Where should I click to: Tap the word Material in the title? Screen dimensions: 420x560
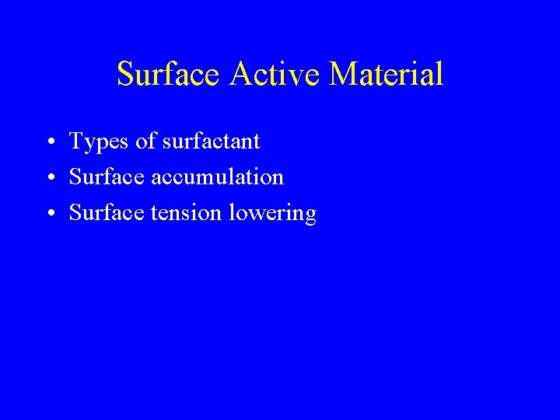387,75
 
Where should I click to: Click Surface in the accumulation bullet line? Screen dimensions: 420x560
100,177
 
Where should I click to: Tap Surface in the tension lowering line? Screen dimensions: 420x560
100,213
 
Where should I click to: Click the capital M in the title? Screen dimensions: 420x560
343,74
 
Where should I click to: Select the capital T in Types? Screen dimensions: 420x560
76,142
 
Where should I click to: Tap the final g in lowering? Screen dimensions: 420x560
310,216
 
